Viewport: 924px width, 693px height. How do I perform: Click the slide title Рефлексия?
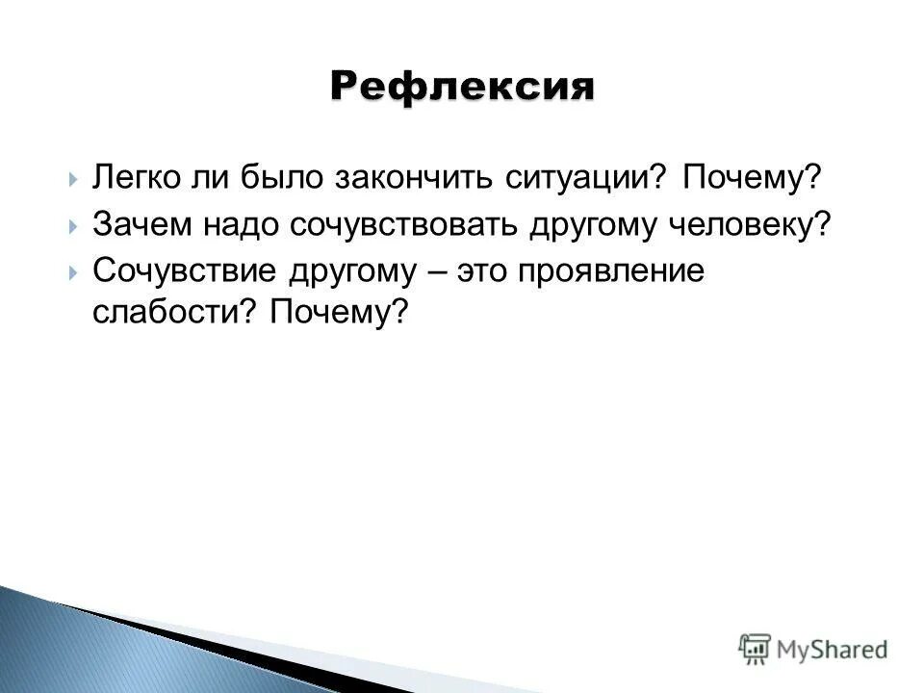[x=462, y=86]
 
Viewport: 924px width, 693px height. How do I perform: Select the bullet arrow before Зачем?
[x=73, y=225]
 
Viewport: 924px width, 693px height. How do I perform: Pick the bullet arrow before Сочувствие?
[x=73, y=271]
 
